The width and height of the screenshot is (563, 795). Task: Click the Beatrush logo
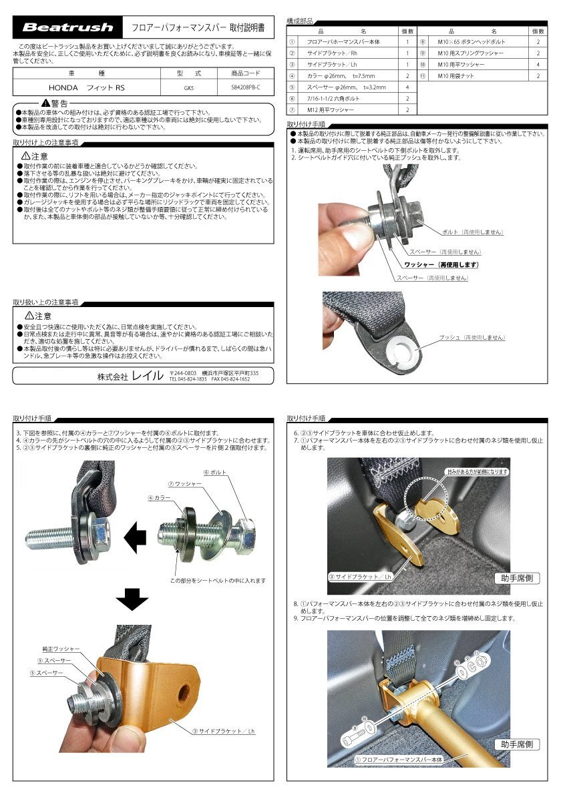(69, 27)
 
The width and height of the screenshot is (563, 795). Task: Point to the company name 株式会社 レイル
(130, 376)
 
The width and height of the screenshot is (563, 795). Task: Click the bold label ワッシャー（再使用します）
(441, 265)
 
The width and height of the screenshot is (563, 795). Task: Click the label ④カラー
(159, 498)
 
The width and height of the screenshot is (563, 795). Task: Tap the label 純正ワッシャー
(61, 648)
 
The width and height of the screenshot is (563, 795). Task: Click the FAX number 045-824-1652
(231, 379)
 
